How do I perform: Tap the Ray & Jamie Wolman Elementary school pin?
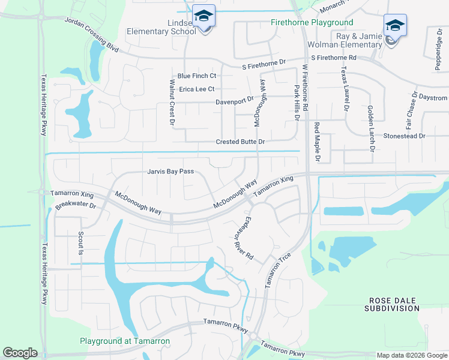point(394,26)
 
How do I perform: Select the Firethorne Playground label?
point(312,23)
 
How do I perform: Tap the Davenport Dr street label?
point(235,101)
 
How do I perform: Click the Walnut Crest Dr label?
point(172,103)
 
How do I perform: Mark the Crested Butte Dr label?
point(240,142)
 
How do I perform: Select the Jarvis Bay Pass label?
point(170,172)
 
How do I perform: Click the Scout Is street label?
point(79,243)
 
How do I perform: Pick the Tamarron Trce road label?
point(278,269)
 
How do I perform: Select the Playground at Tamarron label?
point(125,341)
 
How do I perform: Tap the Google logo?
point(20,353)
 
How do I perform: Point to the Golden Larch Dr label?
point(370,127)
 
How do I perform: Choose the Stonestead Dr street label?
point(404,136)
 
